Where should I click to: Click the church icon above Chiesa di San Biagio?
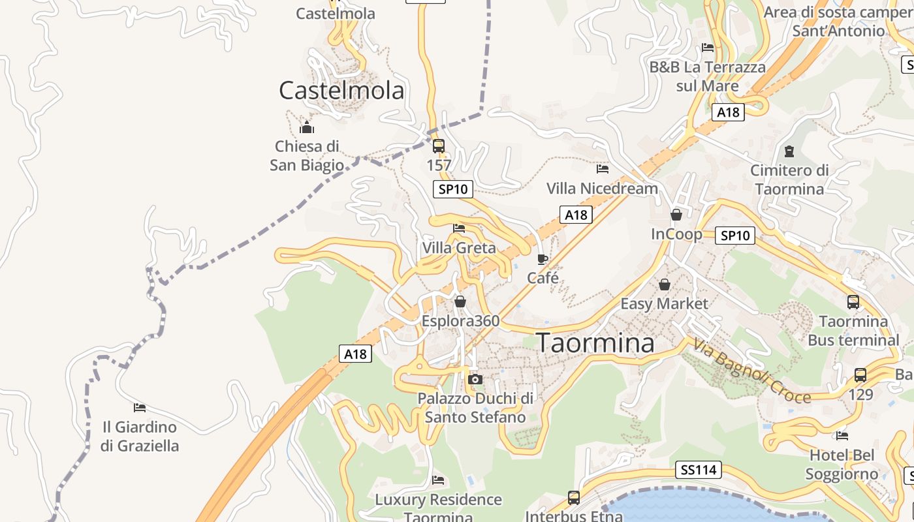point(307,127)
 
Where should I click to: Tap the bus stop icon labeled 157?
point(439,146)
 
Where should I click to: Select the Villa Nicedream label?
point(602,189)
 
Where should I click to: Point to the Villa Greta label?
point(459,248)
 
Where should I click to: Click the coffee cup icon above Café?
point(543,259)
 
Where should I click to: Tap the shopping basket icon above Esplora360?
point(460,301)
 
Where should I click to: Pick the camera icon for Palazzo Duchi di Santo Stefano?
point(475,379)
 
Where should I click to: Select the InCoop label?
point(676,234)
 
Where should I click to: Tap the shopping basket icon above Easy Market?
point(664,284)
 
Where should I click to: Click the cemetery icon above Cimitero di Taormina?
point(789,151)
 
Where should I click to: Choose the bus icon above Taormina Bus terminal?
point(853,302)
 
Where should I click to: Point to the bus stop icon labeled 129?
point(860,375)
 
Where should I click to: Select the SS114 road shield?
point(698,470)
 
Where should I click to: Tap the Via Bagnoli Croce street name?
point(751,371)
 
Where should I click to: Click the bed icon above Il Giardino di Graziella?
point(140,408)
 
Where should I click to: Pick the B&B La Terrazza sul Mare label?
point(707,76)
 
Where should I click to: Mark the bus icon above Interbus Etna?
point(574,498)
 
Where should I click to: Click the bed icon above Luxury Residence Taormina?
point(438,480)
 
